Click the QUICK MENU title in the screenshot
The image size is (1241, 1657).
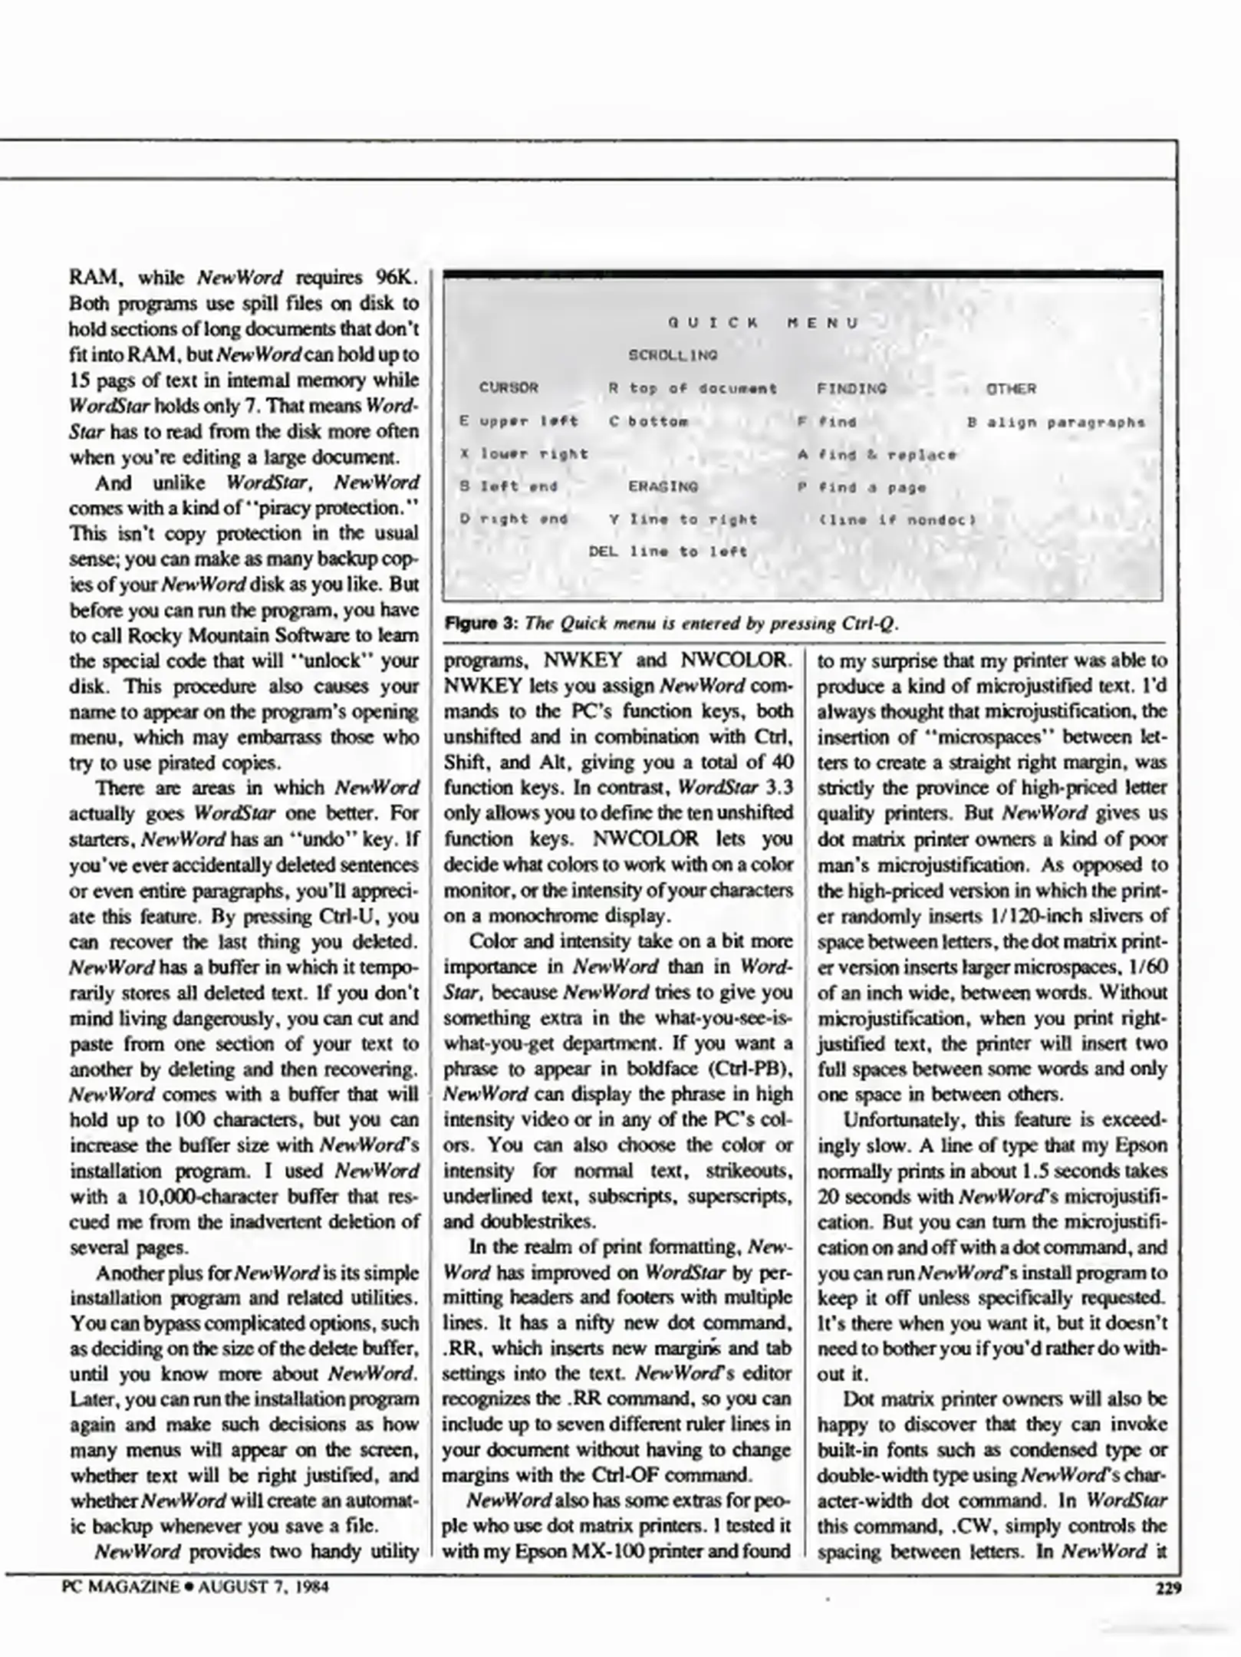click(x=762, y=323)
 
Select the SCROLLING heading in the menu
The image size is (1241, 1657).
click(x=673, y=355)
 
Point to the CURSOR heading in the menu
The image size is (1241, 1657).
click(x=509, y=388)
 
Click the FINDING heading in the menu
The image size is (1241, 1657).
click(x=851, y=389)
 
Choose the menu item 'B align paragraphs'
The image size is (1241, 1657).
click(x=1056, y=422)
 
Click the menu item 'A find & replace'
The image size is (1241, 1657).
click(x=877, y=454)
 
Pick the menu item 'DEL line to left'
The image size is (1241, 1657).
click(x=667, y=551)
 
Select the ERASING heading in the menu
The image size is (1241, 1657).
click(x=663, y=486)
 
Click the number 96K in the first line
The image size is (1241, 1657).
click(x=397, y=277)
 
